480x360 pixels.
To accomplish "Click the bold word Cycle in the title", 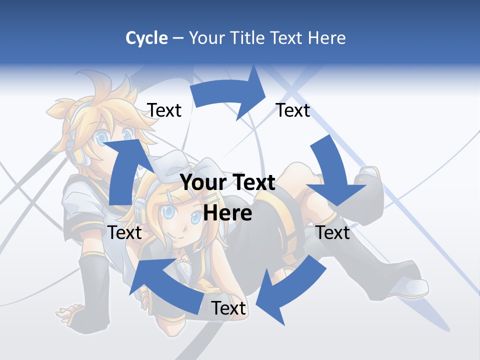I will click(x=146, y=38).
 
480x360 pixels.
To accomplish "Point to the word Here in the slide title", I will click(x=326, y=38).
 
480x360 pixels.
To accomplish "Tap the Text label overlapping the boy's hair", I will click(x=164, y=110).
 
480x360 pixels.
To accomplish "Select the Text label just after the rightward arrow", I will click(x=293, y=110).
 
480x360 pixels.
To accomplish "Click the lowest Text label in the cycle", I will click(x=228, y=308).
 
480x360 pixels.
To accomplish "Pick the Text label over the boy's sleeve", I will click(x=125, y=232).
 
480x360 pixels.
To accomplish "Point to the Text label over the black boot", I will click(x=333, y=232).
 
